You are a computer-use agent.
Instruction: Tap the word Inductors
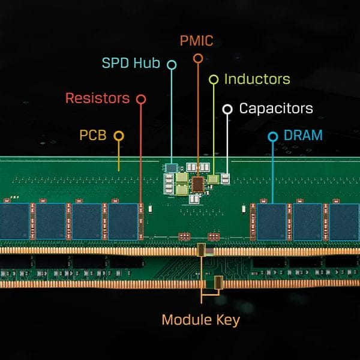pos(257,79)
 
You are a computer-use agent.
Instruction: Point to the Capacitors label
pos(276,109)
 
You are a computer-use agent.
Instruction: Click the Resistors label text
pos(97,97)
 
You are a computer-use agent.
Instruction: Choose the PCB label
pos(93,135)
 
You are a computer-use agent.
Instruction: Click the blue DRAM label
pos(304,136)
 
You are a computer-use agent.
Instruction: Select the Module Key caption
pos(201,320)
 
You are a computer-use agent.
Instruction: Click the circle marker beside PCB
pos(119,136)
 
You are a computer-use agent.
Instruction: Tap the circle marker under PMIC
pos(197,58)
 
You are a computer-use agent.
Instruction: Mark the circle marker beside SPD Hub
pos(172,64)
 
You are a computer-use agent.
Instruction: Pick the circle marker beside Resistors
pos(141,98)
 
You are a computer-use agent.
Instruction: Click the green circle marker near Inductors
pos(213,79)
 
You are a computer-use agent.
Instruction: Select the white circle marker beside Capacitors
pos(227,109)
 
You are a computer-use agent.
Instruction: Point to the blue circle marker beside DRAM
pos(272,137)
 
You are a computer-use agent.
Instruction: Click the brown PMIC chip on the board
pos(198,182)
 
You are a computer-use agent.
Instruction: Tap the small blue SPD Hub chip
pos(172,166)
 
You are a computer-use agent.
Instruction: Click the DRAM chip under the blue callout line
pos(272,221)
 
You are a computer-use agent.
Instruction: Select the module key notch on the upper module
pos(202,250)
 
